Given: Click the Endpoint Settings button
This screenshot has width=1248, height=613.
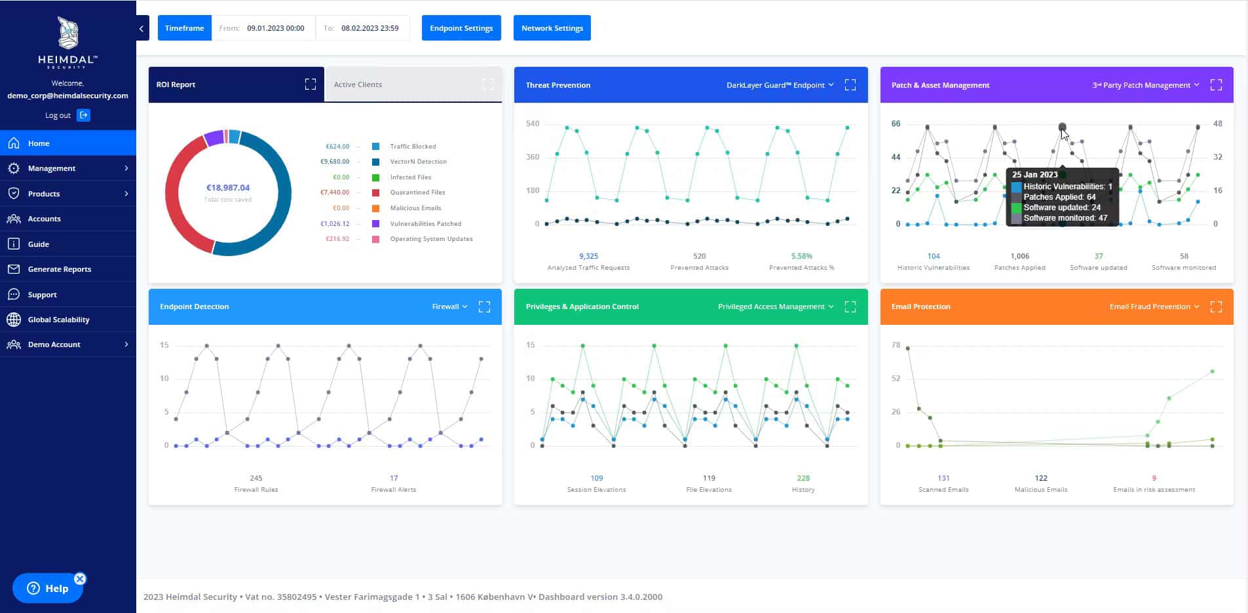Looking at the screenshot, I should pyautogui.click(x=461, y=28).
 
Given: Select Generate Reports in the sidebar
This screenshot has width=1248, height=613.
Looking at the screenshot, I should pyautogui.click(x=59, y=269).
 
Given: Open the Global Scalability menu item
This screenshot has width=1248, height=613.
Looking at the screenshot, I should pyautogui.click(x=58, y=320).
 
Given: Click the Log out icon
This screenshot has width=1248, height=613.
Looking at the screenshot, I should pyautogui.click(x=84, y=115).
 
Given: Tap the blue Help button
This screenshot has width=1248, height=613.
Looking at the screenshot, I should pyautogui.click(x=48, y=588).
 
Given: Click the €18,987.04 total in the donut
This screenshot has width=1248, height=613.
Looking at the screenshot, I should pyautogui.click(x=228, y=188).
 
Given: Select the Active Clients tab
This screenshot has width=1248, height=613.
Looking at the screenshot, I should pyautogui.click(x=358, y=84).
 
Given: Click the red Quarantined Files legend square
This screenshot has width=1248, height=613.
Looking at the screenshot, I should pyautogui.click(x=376, y=193).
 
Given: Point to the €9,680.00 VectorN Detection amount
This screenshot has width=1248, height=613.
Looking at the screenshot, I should pyautogui.click(x=335, y=162).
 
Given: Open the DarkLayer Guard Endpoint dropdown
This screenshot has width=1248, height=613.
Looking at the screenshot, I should pyautogui.click(x=780, y=85).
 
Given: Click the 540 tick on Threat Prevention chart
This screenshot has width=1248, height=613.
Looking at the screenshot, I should pyautogui.click(x=533, y=124).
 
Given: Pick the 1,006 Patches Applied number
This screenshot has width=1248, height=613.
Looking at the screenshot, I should pyautogui.click(x=1019, y=256).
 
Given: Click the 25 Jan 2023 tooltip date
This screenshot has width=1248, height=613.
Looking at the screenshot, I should pyautogui.click(x=1034, y=175).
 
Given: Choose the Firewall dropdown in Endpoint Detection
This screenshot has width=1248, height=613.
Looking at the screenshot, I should pyautogui.click(x=449, y=306).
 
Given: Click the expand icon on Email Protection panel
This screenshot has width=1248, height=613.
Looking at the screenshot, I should pyautogui.click(x=1216, y=306).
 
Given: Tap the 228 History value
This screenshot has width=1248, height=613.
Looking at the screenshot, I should pyautogui.click(x=803, y=478).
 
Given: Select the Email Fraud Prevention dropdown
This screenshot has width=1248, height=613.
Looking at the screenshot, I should pyautogui.click(x=1154, y=306).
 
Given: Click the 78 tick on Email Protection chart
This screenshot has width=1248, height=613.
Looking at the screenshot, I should pyautogui.click(x=896, y=345).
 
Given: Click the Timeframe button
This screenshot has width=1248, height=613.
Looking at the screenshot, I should pyautogui.click(x=184, y=28).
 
